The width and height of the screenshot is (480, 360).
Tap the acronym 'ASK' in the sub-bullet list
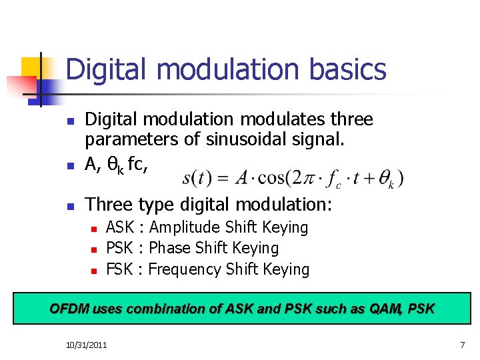click(x=120, y=227)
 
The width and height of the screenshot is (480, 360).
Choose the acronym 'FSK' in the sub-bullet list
click(x=119, y=269)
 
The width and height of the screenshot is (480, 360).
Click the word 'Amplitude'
click(x=185, y=227)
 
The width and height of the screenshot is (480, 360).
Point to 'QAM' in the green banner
click(x=385, y=309)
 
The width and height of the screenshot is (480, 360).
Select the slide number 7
click(x=462, y=345)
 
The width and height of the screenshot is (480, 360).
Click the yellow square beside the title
click(x=31, y=67)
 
